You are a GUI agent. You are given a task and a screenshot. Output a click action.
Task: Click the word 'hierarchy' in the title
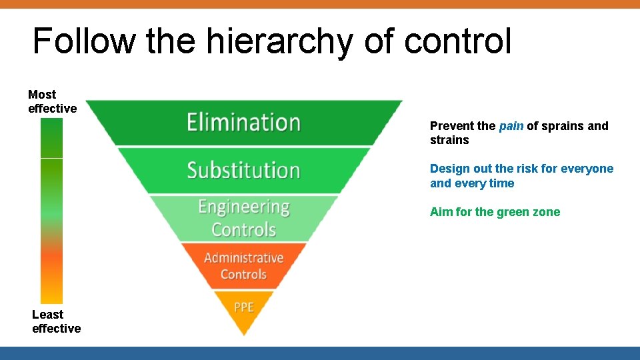(x=281, y=41)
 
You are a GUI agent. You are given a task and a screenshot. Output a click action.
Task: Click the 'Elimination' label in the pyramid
(x=243, y=123)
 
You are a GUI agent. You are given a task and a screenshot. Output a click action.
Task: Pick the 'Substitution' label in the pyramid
(x=243, y=170)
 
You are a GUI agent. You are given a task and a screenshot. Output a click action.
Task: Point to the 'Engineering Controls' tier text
(x=244, y=218)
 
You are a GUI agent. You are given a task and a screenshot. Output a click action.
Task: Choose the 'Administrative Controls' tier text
(x=244, y=265)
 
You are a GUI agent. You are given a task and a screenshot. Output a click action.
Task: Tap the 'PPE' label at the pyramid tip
(x=244, y=307)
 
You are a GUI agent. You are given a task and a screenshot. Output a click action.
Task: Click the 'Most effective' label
(x=52, y=101)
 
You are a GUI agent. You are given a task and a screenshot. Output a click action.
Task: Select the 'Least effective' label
(x=56, y=321)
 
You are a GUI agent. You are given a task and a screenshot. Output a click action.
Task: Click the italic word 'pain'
(x=511, y=126)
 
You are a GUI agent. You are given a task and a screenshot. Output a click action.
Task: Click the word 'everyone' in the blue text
(x=590, y=169)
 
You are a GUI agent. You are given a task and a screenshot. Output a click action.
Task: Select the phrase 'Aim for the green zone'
(x=495, y=212)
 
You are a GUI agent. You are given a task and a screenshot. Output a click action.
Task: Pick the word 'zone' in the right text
(x=547, y=212)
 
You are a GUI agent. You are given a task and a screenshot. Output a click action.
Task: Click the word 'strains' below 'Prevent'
(x=449, y=140)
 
